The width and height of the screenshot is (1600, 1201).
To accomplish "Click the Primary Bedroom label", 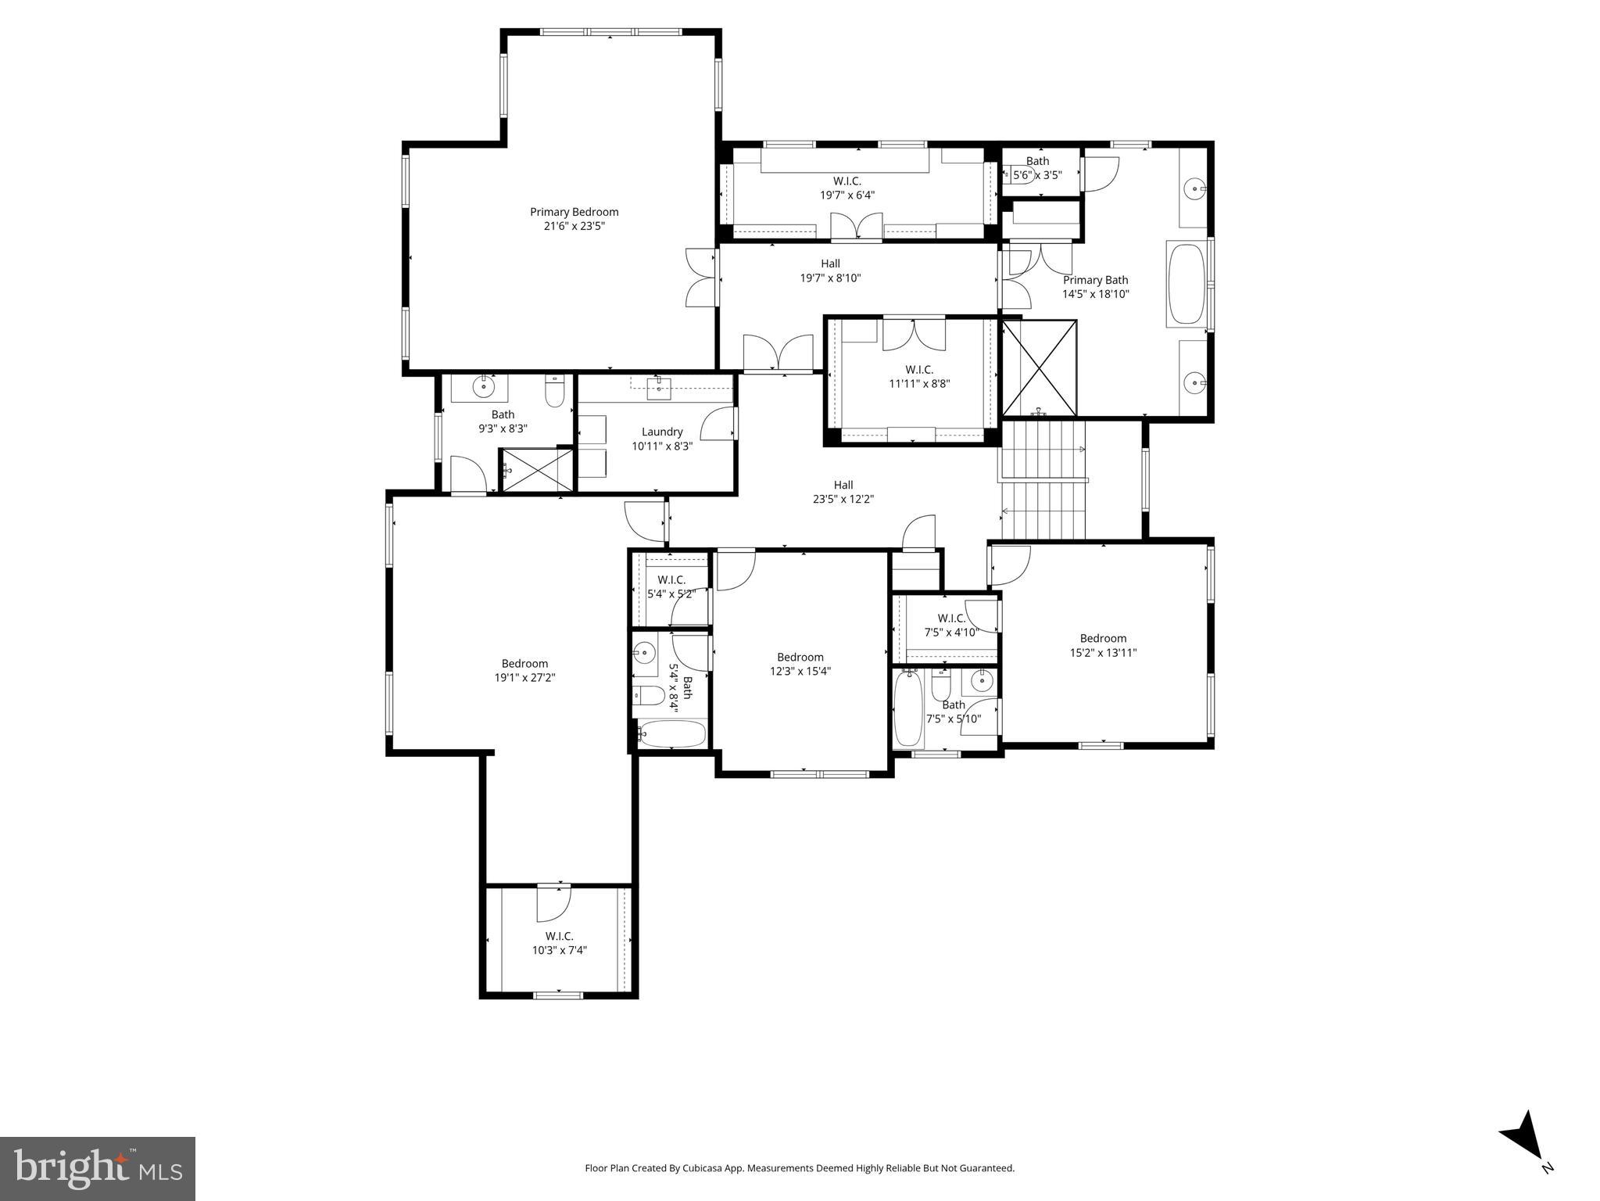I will point(574,212).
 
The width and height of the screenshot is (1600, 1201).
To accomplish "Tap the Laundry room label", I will point(662,432).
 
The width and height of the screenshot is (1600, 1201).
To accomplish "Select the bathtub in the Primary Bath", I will point(1186,285).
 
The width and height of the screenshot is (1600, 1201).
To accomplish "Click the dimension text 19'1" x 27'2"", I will point(524,678).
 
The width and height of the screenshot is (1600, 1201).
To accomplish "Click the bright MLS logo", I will point(98,1168).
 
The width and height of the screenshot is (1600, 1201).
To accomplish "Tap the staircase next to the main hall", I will point(1043,480).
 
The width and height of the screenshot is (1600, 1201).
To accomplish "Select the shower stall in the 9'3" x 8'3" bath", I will point(536,470).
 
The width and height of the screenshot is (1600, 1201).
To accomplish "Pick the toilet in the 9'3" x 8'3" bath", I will point(554,393).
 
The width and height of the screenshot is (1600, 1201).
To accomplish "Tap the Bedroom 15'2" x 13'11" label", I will point(1103,638).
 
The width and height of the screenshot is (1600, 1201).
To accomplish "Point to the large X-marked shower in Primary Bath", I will point(1039,368).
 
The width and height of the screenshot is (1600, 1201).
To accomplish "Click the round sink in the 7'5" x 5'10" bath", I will point(981,682).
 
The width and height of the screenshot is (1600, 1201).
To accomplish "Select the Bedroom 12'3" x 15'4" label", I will point(800,657).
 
